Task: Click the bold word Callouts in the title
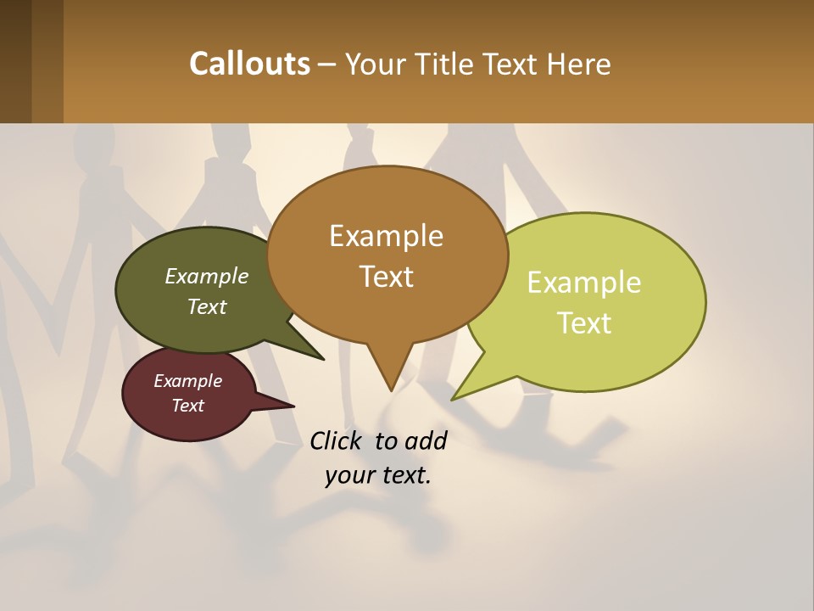coord(250,64)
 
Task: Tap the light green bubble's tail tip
coord(454,398)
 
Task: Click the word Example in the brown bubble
coord(387,236)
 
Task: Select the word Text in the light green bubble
coord(585,323)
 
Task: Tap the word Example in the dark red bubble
coord(188,381)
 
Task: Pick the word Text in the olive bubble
coord(207,306)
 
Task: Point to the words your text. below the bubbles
coord(378,476)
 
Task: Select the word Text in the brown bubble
coord(387,277)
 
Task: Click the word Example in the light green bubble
coord(584,283)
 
